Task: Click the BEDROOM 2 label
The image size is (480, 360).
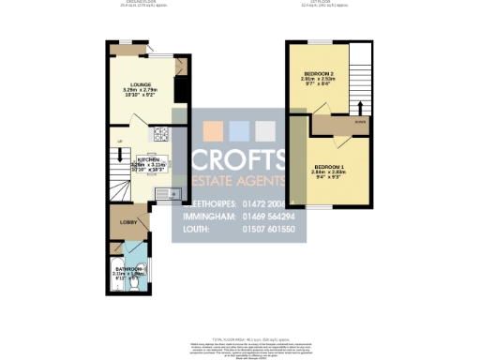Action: (319, 73)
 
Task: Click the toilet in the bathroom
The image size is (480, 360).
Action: (139, 278)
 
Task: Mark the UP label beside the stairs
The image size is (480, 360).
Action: (119, 142)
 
